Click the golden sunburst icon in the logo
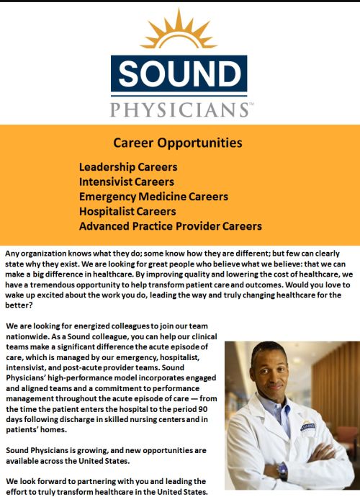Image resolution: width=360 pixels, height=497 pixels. (179, 30)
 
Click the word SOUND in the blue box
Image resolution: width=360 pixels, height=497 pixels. (180, 73)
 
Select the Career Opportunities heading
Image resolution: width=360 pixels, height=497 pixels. (178, 143)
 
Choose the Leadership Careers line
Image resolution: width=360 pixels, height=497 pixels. (128, 167)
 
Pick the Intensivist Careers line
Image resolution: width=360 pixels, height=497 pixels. (127, 182)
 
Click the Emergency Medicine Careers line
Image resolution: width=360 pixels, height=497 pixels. (153, 197)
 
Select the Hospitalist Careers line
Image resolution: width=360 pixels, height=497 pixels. (127, 212)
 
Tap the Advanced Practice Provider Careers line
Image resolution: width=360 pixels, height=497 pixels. (171, 226)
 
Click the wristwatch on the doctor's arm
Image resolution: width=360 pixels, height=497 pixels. (282, 470)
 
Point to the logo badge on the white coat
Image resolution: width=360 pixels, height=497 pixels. (307, 426)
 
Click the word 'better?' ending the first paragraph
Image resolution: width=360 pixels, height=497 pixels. (19, 305)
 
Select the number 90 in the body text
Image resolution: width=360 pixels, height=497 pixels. (203, 409)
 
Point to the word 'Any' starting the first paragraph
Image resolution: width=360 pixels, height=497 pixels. (12, 254)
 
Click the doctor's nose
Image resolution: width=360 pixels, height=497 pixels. (273, 377)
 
